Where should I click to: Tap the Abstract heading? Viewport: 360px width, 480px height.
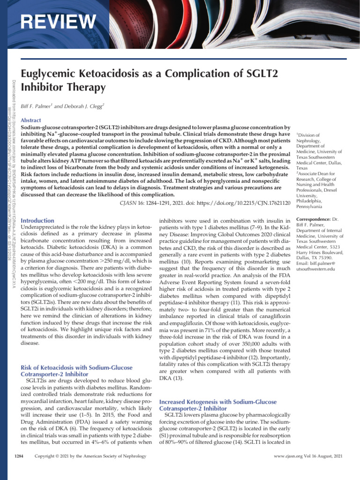[x=31, y=120]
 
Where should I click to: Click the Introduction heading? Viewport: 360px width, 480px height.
[x=38, y=220]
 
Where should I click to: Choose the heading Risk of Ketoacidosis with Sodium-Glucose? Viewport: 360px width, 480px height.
[x=77, y=367]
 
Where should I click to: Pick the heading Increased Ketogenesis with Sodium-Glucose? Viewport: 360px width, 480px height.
[x=218, y=402]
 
